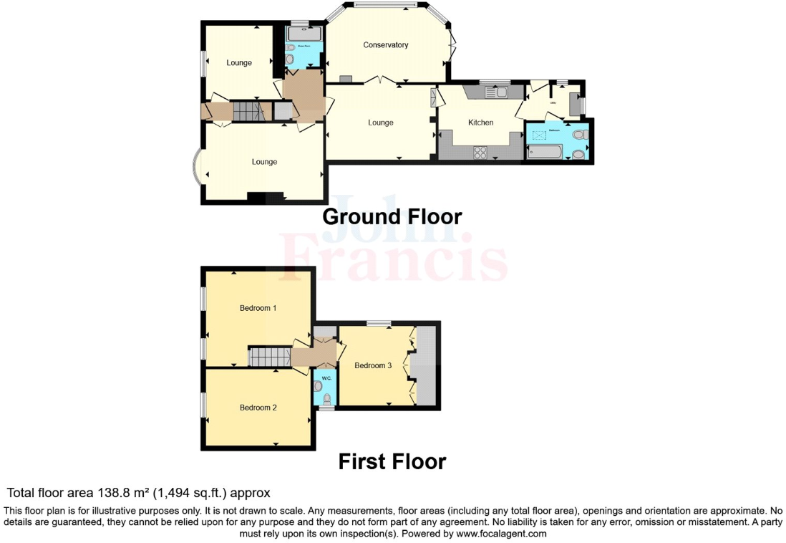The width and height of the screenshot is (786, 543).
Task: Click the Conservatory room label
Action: pyautogui.click(x=385, y=45)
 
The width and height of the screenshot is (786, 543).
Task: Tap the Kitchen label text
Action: pyautogui.click(x=480, y=122)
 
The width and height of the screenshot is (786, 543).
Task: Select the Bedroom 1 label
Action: pyautogui.click(x=258, y=308)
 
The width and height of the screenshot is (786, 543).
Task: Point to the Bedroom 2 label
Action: pyautogui.click(x=258, y=408)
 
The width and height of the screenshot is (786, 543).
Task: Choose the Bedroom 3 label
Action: pyautogui.click(x=373, y=365)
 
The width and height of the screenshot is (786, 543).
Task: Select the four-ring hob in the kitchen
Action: pyautogui.click(x=480, y=151)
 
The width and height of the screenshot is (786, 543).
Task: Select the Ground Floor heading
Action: pyautogui.click(x=392, y=216)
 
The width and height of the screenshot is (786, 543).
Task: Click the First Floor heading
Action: pyautogui.click(x=392, y=462)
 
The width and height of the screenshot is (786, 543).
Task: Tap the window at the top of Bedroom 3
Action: pyautogui.click(x=379, y=323)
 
